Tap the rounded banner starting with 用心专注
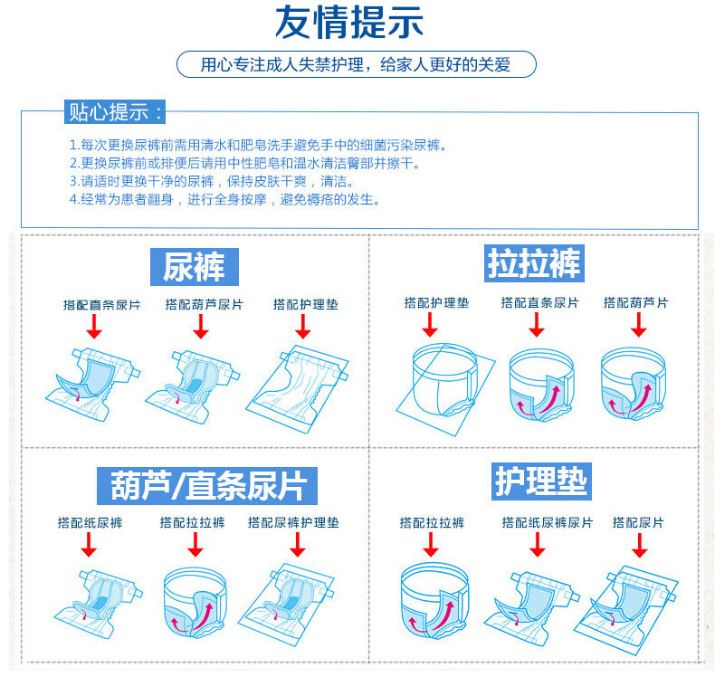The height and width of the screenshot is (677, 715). (357, 64)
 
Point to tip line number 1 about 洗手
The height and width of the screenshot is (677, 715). (258, 145)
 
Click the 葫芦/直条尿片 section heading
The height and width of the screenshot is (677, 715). (207, 485)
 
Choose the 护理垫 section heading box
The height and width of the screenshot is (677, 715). (541, 481)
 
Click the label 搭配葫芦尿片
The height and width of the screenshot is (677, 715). (204, 305)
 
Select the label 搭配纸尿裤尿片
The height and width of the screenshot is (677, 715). (548, 522)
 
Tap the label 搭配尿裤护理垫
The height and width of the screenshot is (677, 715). (293, 522)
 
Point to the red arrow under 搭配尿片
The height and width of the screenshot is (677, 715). (639, 545)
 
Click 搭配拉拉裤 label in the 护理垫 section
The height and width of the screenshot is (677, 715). (432, 522)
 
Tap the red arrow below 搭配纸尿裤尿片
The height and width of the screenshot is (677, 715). (538, 545)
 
